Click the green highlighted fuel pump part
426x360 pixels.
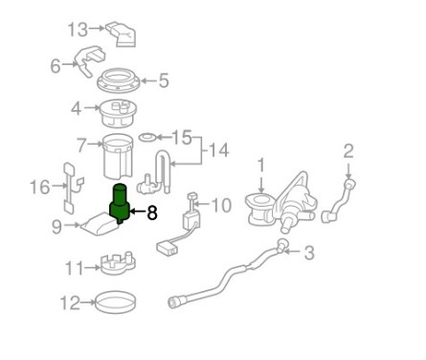pos(120,204)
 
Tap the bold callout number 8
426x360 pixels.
pos(152,213)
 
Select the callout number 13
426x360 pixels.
pos(78,30)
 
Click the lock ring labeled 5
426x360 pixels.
pos(119,81)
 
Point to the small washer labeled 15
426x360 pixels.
pos(147,138)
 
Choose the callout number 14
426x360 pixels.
pos(218,149)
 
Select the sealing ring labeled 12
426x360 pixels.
pos(116,303)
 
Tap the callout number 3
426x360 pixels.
pos(309,253)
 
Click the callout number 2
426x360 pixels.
pos(348,151)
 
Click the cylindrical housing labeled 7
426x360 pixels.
pos(118,156)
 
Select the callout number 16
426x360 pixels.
pos(39,187)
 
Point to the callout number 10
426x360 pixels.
pos(221,205)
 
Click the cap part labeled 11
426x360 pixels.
pos(118,264)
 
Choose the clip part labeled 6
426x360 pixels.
pos(90,61)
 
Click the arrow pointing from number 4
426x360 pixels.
pos(91,108)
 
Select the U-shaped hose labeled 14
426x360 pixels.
pos(154,173)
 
